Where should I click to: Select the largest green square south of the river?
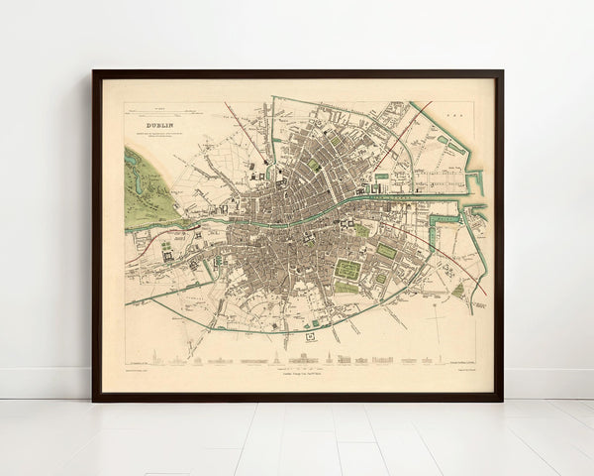pos(346,269)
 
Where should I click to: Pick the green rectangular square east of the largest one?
pos(386,252)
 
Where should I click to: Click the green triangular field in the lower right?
pos(457,292)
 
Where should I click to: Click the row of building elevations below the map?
pos(297,359)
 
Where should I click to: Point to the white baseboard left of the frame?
pos(45,382)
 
